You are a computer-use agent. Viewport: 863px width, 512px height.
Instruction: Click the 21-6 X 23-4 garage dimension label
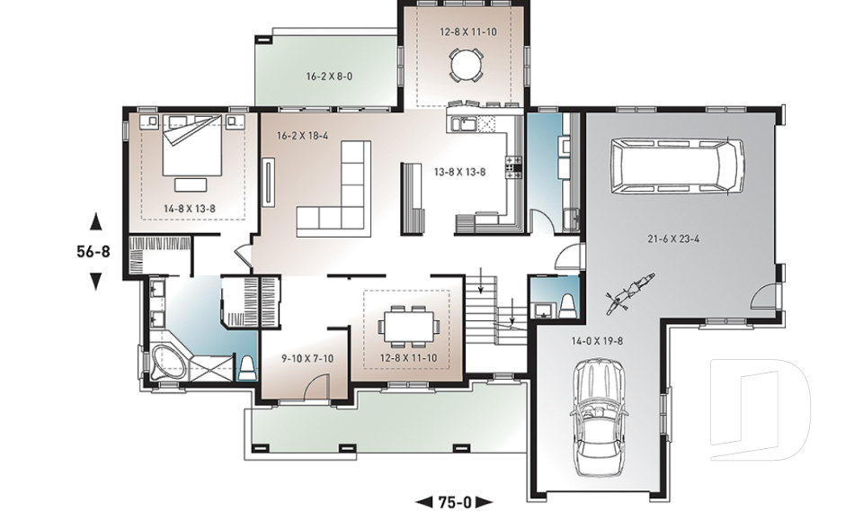pos(673,238)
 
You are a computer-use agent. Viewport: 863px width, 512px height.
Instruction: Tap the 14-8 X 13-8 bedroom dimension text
pos(190,209)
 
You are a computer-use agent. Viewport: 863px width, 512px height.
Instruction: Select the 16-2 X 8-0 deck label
pos(329,76)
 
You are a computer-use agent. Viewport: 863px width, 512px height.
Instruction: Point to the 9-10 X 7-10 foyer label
pos(307,358)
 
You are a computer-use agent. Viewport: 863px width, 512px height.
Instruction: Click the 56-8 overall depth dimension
pos(93,252)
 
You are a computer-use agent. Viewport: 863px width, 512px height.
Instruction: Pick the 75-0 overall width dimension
pos(455,502)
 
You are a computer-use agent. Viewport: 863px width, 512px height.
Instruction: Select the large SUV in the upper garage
pos(677,166)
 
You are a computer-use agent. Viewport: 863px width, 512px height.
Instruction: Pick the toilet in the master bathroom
pos(247,368)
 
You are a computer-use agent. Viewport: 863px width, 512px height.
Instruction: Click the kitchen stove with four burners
pos(514,167)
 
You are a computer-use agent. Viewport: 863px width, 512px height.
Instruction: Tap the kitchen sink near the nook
pos(465,124)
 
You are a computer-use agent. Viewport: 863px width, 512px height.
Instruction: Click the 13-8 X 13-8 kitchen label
pos(459,172)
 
